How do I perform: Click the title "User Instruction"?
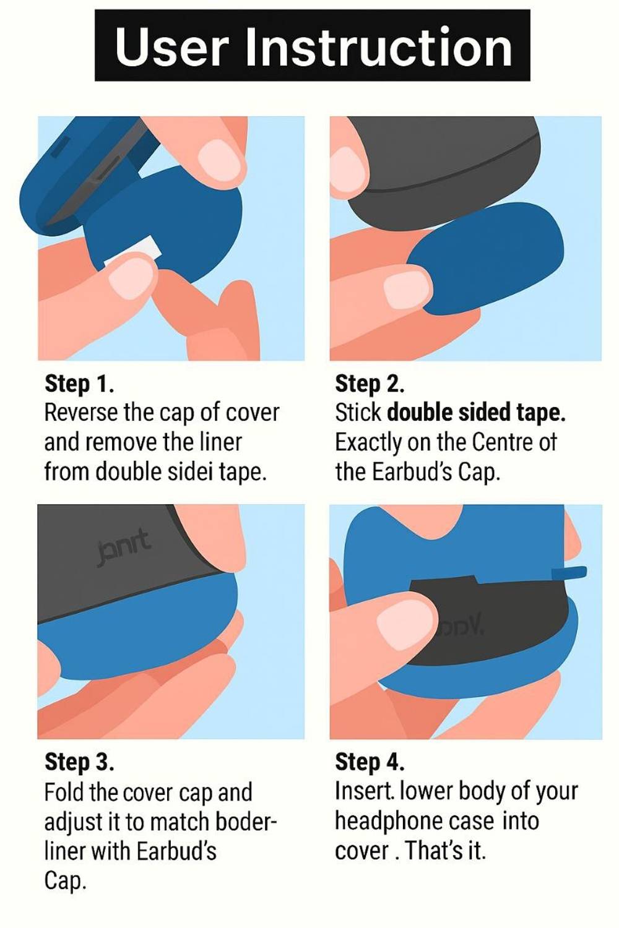click(x=313, y=46)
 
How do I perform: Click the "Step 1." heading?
click(x=79, y=384)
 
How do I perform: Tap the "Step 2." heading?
click(x=370, y=384)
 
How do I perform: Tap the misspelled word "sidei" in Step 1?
click(x=191, y=472)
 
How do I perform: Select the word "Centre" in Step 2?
click(x=500, y=443)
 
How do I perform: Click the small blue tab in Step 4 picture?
click(x=569, y=572)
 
